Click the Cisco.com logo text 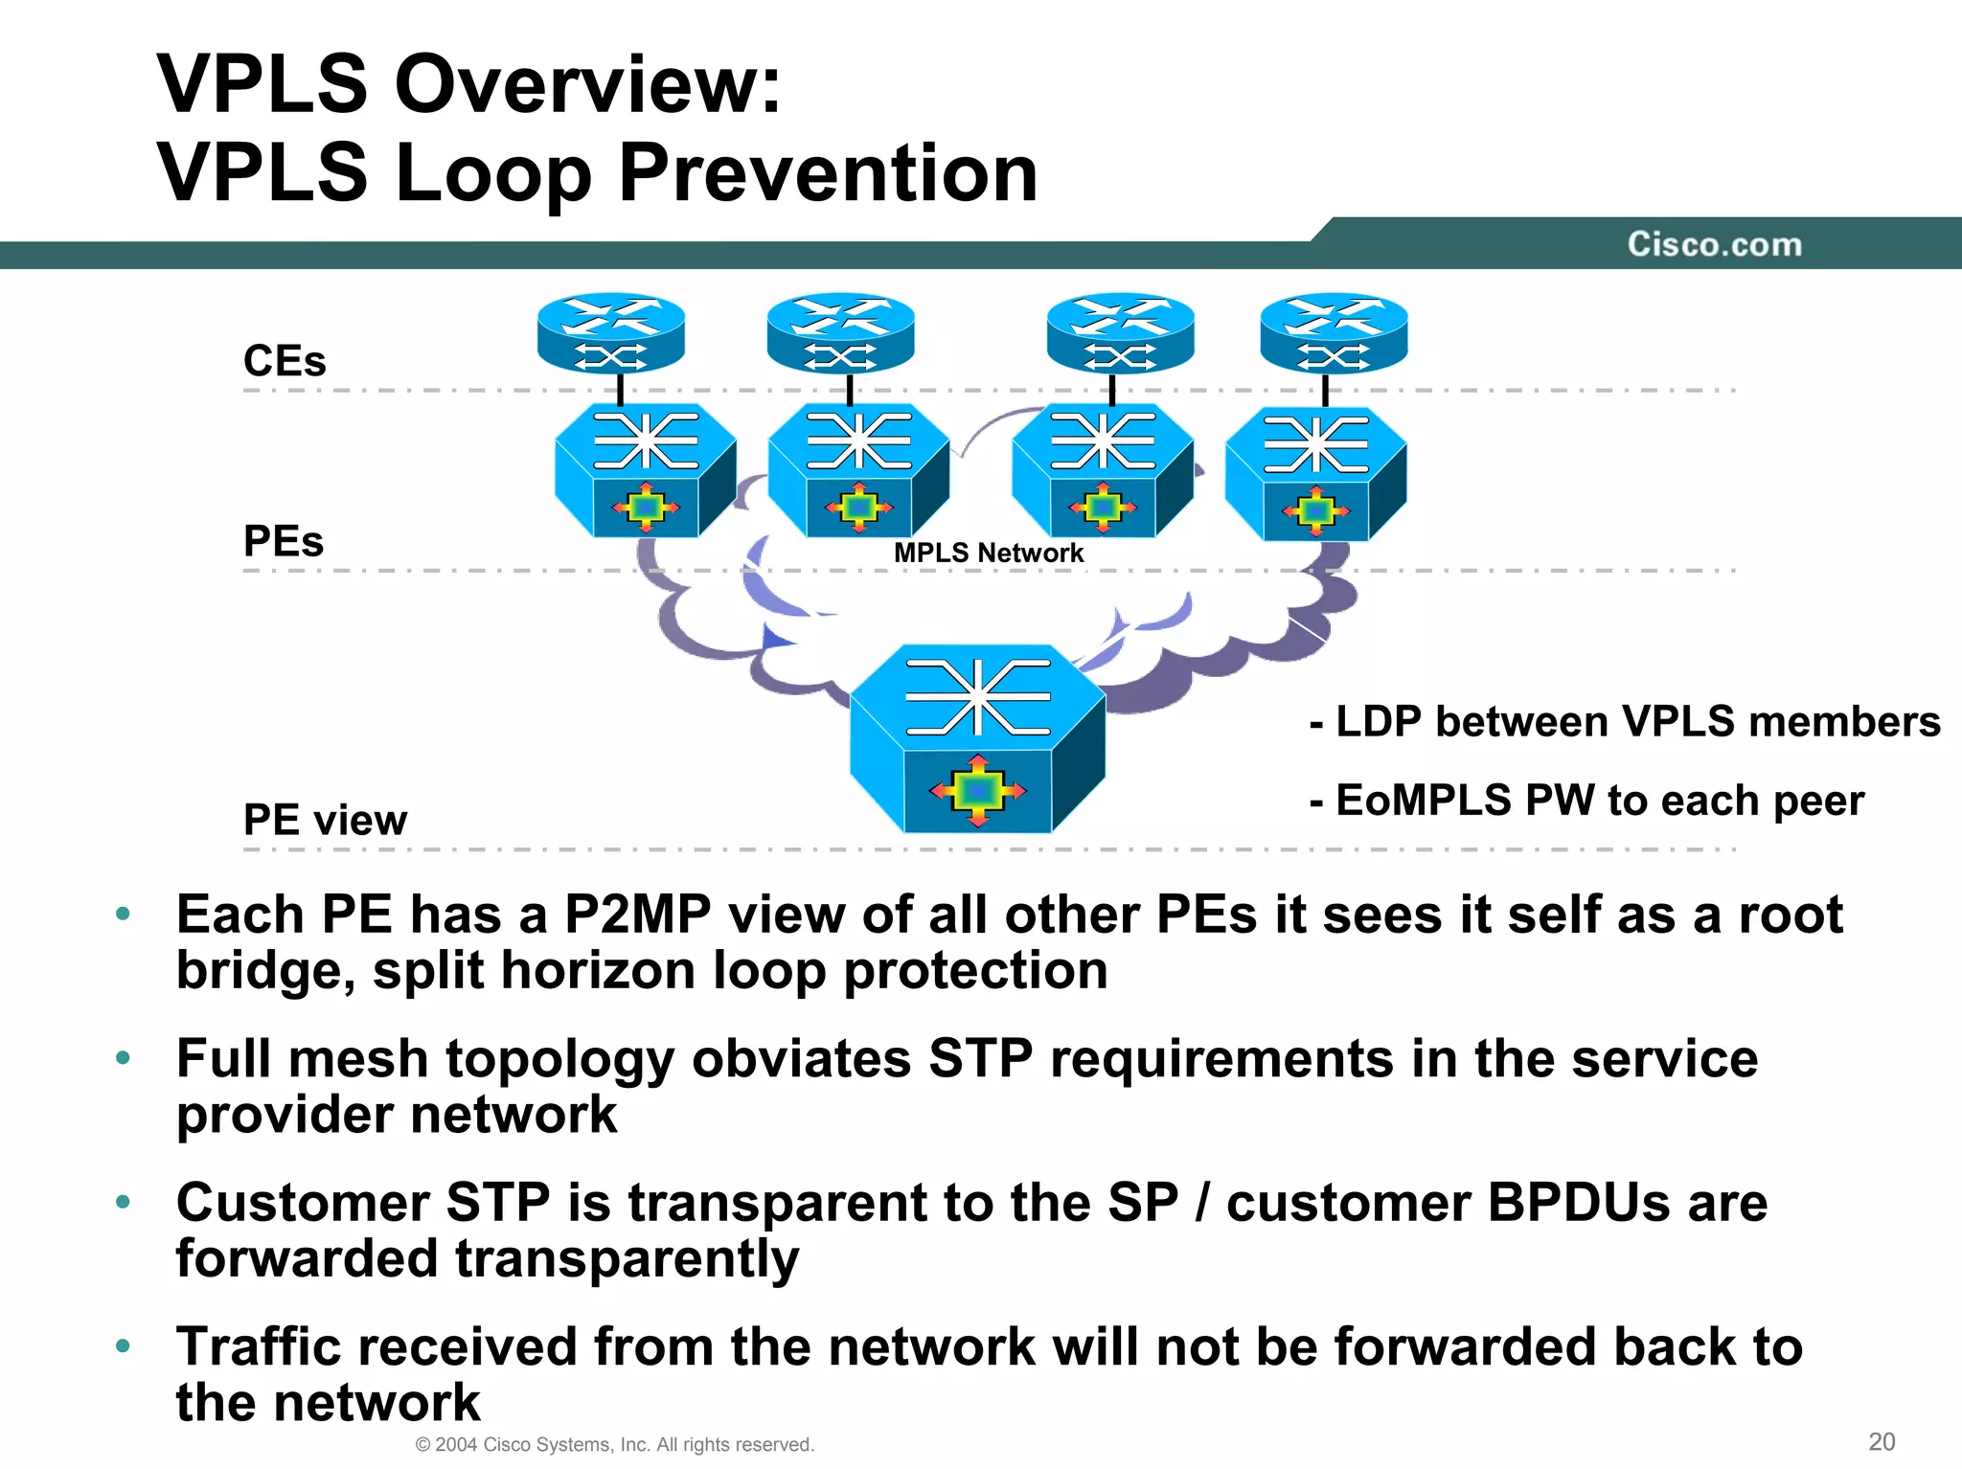pos(1714,244)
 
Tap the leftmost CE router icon pos(611,332)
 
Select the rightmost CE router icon pos(1334,332)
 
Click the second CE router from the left pos(841,332)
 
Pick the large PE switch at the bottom pos(977,738)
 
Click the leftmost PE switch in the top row pos(646,470)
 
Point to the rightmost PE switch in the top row pos(1315,473)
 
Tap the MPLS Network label pos(988,553)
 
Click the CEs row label pos(285,361)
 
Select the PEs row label pos(284,541)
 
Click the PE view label pos(325,820)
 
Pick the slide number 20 pos(1882,1441)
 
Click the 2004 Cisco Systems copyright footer pos(614,1444)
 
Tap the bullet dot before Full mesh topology pos(123,1058)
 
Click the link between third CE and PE pos(1112,390)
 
